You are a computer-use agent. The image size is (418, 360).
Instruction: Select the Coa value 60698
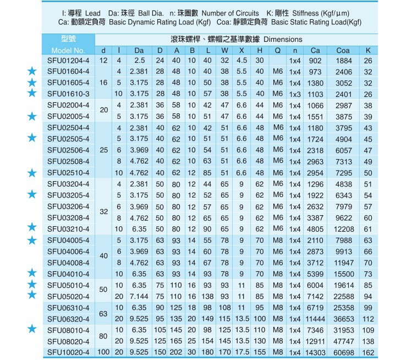(343, 352)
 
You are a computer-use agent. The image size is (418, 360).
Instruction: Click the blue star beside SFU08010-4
(32, 329)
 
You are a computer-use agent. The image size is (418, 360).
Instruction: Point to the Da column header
(139, 51)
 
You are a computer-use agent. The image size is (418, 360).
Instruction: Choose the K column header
(368, 51)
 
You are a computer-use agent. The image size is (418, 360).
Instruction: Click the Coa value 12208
(343, 229)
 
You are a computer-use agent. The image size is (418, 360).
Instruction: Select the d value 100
(103, 352)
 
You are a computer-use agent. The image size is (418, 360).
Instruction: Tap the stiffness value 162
(368, 352)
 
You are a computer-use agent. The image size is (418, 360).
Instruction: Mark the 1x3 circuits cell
(295, 94)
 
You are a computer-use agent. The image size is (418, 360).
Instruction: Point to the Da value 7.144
(139, 296)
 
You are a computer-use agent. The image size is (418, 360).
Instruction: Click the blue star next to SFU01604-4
(32, 72)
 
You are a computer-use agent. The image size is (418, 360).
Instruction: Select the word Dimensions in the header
(283, 40)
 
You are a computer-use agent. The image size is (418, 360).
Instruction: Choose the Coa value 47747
(343, 341)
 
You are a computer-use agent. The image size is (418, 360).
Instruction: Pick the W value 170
(224, 352)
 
